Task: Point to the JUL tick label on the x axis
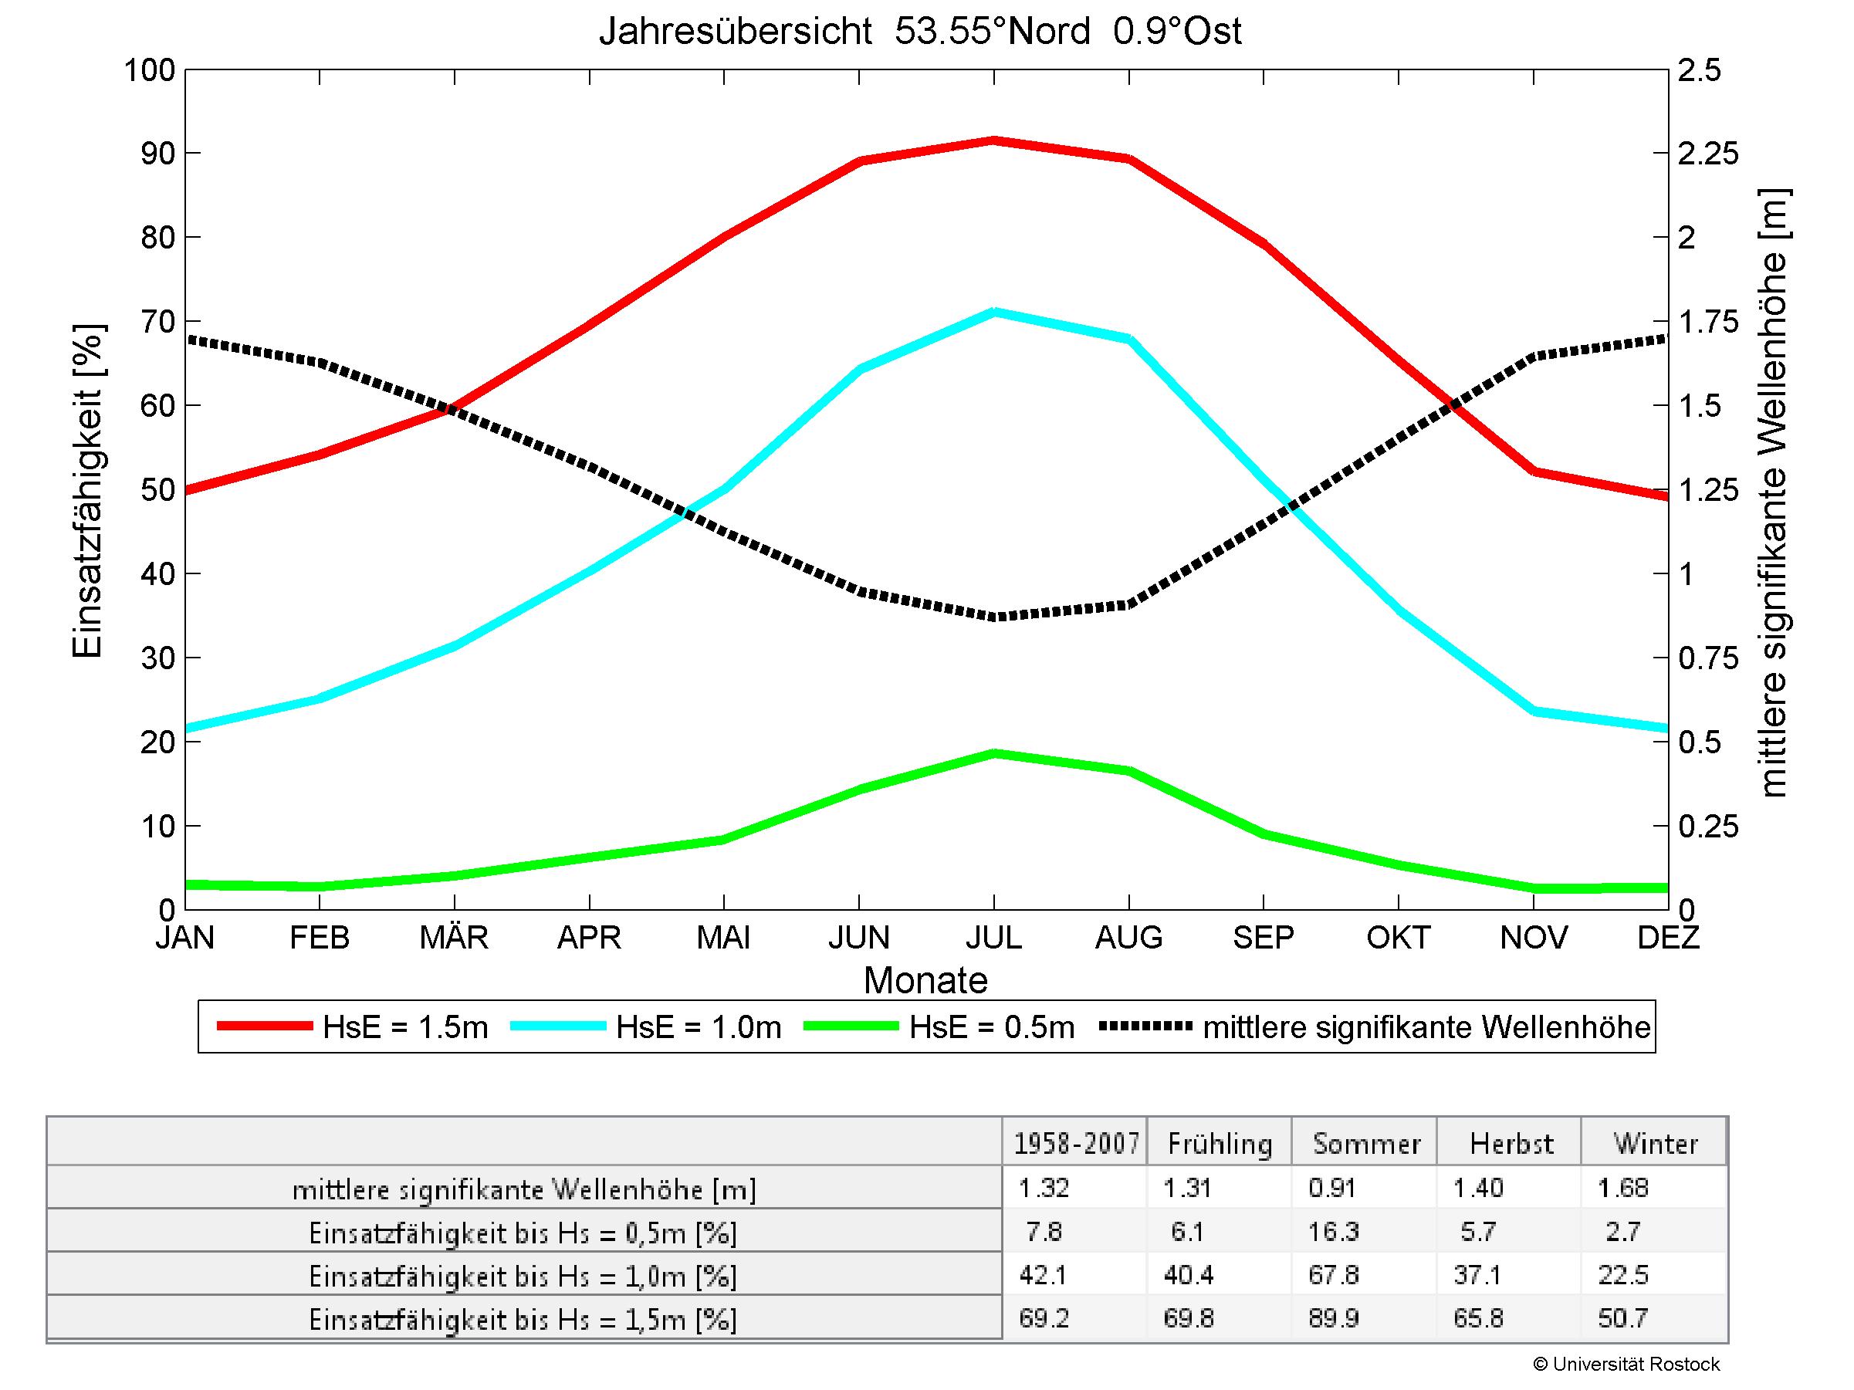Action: (993, 938)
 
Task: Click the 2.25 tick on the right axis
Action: (1708, 154)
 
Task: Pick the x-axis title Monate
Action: (925, 980)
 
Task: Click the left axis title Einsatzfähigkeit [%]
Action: (87, 490)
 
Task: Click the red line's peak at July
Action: (993, 140)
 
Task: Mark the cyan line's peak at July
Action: (993, 313)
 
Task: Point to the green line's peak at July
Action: (993, 753)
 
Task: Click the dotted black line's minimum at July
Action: (993, 617)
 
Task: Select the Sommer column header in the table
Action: (1366, 1144)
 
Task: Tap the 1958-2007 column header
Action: (1076, 1144)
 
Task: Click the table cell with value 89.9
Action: (1333, 1318)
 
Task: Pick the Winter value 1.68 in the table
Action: (1622, 1187)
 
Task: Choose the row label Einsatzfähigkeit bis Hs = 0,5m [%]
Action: (523, 1233)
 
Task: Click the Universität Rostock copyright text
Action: (1626, 1364)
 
